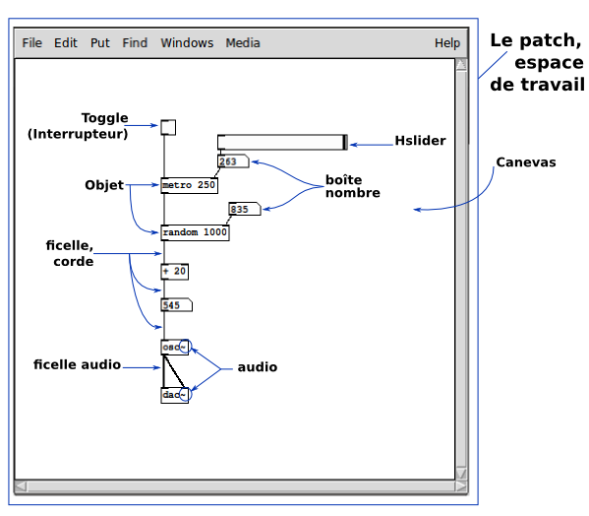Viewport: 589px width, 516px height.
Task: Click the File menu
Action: pos(31,43)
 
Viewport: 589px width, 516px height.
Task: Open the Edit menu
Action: pos(66,43)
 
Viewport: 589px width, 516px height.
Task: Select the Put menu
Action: pos(100,43)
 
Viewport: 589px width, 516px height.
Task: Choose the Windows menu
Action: pos(187,43)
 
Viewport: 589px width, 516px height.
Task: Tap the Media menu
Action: pos(243,43)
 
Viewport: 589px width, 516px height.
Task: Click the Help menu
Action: pos(447,43)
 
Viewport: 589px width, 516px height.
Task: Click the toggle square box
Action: pos(168,127)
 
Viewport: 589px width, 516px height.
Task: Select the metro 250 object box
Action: pos(190,185)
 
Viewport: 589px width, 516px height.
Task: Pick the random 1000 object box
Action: pos(195,232)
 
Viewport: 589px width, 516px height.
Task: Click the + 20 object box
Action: pos(175,272)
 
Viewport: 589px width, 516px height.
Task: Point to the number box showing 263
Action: pos(233,161)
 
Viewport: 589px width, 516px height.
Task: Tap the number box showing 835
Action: pos(245,209)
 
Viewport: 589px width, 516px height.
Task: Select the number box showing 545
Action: pos(177,305)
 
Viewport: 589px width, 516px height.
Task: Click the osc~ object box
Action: pos(175,348)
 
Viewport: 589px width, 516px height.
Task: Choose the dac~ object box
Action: pos(175,395)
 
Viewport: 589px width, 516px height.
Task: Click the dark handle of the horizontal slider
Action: pos(345,142)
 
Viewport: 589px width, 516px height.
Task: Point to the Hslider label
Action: pos(420,141)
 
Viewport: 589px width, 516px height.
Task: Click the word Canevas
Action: pos(526,162)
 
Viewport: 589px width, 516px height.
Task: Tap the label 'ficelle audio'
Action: pos(77,364)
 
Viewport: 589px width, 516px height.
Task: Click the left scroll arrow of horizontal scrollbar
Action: pos(21,486)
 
